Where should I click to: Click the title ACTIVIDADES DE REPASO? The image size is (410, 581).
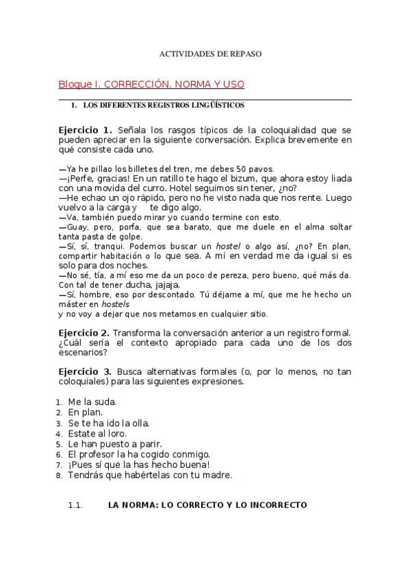pyautogui.click(x=210, y=53)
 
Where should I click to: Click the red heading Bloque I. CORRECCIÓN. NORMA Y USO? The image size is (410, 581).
pyautogui.click(x=151, y=84)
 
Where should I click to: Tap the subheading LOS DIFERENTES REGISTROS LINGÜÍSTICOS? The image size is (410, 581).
pyautogui.click(x=164, y=106)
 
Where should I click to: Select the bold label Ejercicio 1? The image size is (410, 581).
pyautogui.click(x=86, y=129)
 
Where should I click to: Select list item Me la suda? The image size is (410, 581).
pyautogui.click(x=92, y=402)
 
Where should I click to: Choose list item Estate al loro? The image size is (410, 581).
pyautogui.click(x=97, y=433)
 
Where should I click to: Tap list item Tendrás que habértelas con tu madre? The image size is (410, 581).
pyautogui.click(x=150, y=474)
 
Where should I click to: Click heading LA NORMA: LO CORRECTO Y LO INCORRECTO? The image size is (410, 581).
pyautogui.click(x=207, y=506)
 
